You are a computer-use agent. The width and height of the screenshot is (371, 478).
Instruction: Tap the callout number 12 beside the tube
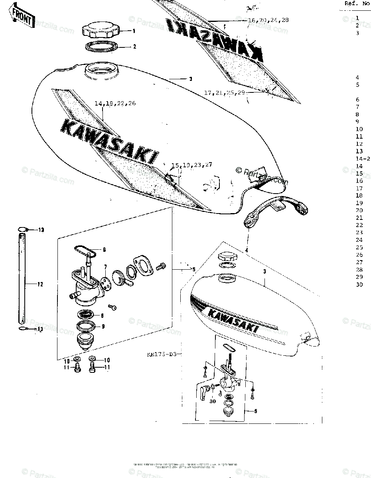pos(40,284)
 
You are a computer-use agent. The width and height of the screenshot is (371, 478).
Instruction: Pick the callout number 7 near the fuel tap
pos(106,266)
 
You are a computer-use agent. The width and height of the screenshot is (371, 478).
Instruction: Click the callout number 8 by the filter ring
pos(102,315)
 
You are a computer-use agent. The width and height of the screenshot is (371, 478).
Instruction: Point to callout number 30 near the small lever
pos(213,401)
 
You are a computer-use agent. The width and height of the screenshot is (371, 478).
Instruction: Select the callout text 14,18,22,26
pos(115,104)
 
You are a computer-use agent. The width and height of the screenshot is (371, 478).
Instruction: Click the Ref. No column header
pos(356,3)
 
